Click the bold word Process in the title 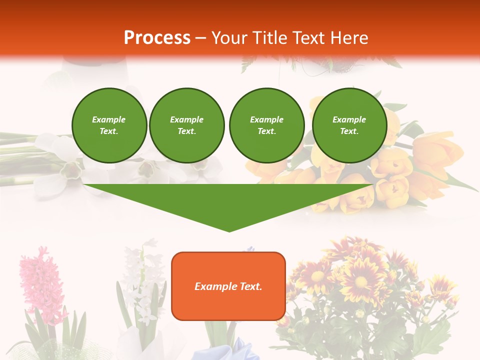(157, 38)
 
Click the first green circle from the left (109, 125)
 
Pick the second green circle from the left (186, 125)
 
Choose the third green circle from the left (266, 125)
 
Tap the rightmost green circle (349, 125)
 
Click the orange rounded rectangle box (228, 286)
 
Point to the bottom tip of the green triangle (229, 230)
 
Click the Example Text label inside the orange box (228, 286)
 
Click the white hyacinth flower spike (142, 280)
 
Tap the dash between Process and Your (201, 38)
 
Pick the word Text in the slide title (307, 38)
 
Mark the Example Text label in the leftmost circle (109, 125)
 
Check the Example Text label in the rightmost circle (349, 125)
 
